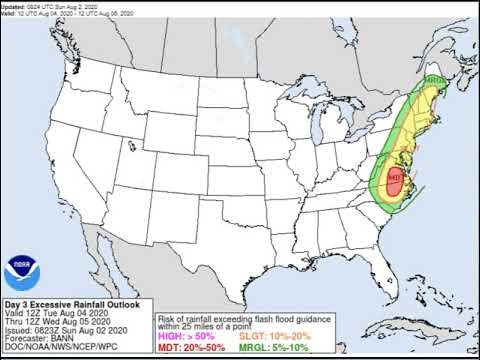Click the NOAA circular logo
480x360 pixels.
click(x=17, y=267)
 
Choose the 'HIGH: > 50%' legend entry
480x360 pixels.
click(x=186, y=336)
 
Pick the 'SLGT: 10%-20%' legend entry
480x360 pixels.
click(x=265, y=336)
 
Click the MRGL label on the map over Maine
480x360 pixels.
click(x=433, y=79)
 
